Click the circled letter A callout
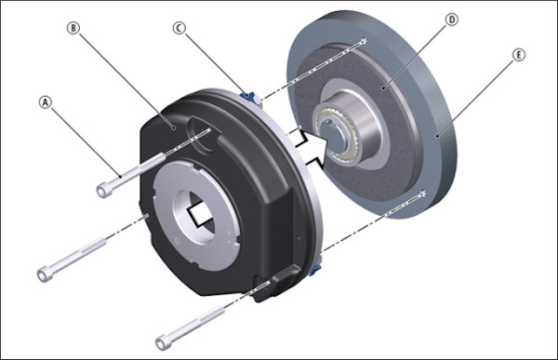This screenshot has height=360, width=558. click(x=46, y=102)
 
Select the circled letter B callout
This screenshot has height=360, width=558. click(x=73, y=28)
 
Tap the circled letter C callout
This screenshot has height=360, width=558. click(x=179, y=28)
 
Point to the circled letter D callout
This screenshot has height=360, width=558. click(x=452, y=20)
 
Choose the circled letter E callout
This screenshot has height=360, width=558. click(x=519, y=55)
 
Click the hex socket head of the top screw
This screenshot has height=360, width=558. click(x=103, y=190)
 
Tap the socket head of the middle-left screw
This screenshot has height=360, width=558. click(x=45, y=274)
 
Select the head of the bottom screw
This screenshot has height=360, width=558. click(x=163, y=343)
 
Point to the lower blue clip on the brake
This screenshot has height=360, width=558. click(x=315, y=270)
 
